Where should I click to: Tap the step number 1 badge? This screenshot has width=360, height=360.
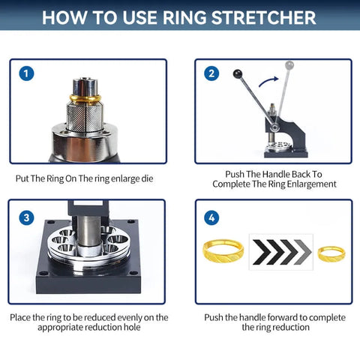(x=28, y=73)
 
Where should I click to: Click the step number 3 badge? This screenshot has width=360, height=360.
(x=28, y=217)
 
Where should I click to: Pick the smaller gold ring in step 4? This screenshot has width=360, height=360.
(x=331, y=253)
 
